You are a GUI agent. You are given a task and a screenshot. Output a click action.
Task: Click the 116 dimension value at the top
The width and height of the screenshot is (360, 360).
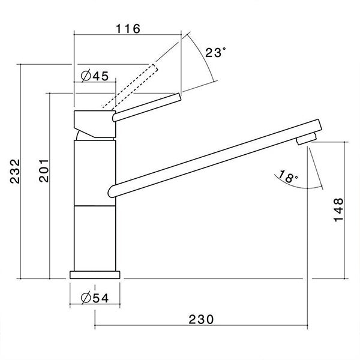[127, 29]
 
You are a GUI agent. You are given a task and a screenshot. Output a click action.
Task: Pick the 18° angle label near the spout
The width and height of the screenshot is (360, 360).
[287, 177]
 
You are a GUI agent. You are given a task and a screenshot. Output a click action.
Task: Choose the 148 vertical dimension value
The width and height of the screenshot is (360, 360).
[339, 210]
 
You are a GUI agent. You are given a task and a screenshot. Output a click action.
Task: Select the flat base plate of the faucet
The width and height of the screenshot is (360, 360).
[95, 274]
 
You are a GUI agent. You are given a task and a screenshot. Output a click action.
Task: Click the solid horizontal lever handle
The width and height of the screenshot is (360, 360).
[147, 106]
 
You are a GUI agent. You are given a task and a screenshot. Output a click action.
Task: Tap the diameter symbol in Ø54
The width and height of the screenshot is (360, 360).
[84, 297]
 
